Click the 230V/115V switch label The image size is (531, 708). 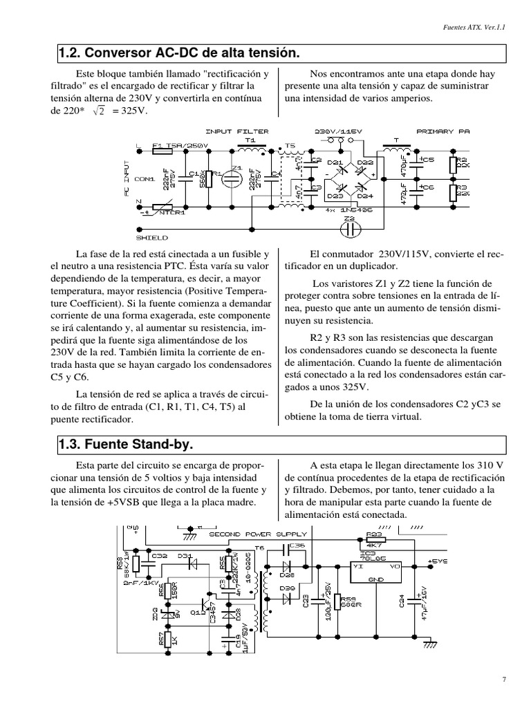point(339,130)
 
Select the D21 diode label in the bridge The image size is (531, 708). point(335,162)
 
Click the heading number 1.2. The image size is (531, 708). point(69,53)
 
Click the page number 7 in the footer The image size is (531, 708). point(504,680)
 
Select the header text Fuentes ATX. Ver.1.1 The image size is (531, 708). point(473,28)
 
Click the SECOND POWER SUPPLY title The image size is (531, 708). point(258,534)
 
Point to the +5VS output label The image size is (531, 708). point(438,561)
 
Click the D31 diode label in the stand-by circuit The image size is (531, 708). point(185,555)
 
